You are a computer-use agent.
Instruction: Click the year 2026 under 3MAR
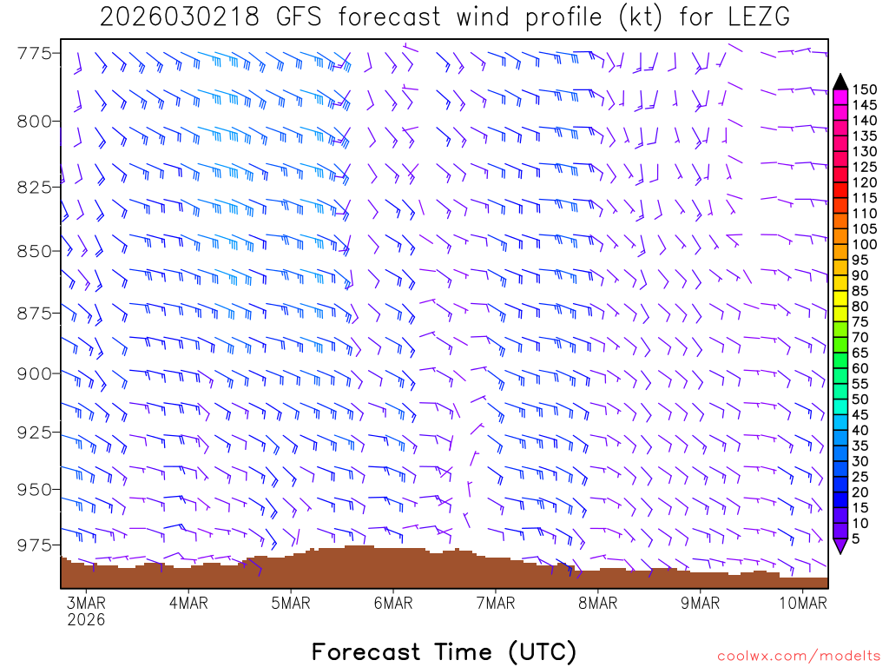coord(86,620)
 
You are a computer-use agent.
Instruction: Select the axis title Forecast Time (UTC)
coord(444,651)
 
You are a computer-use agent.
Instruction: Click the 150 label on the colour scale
coord(863,89)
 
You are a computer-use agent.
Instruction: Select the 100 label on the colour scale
coord(863,244)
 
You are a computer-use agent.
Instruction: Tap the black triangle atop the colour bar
coord(840,82)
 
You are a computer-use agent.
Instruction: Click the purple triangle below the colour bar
coord(840,545)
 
